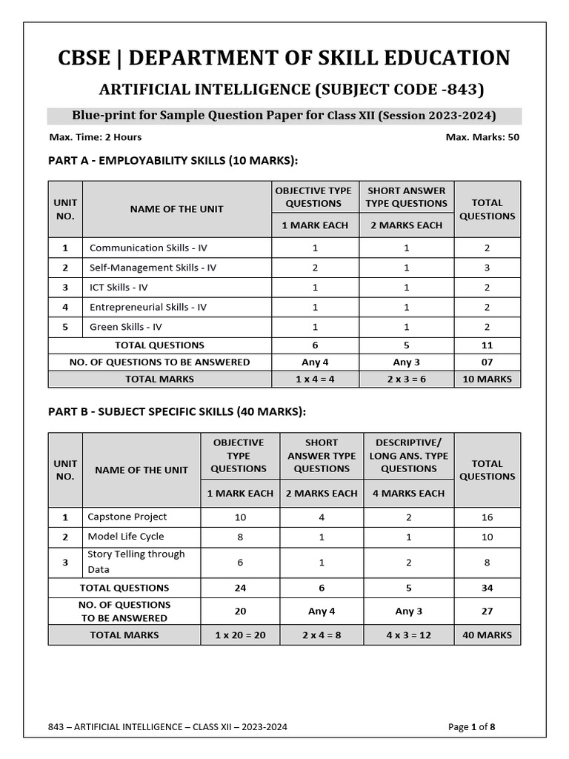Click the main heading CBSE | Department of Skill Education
pos(284,58)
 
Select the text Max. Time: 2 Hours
pos(95,137)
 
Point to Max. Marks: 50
pos(482,137)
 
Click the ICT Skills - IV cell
pos(119,288)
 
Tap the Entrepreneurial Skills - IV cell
pos(148,307)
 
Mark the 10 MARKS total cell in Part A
pos(487,379)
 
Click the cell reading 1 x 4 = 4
pos(316,379)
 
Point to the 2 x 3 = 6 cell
pos(407,379)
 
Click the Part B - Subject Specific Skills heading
pos(177,411)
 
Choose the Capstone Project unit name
pos(127,517)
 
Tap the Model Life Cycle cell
pos(126,536)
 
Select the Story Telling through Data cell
pos(136,562)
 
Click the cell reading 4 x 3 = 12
pos(409,635)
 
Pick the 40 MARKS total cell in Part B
pos(487,635)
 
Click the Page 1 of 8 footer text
pos(472,727)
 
